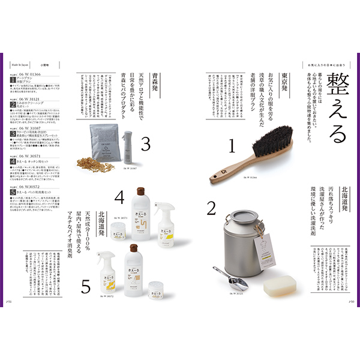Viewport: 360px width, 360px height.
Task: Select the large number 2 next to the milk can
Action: coord(211,208)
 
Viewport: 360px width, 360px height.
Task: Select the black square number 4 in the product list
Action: coord(13,161)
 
